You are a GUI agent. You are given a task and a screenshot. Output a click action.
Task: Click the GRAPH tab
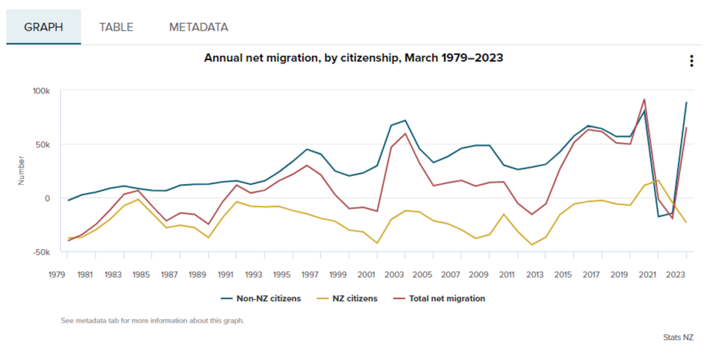coord(44,27)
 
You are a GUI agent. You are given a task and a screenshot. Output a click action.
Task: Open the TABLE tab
coord(116,27)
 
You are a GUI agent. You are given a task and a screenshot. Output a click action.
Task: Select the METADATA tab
coord(199,27)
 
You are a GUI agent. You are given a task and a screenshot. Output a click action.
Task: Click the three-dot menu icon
coord(691,61)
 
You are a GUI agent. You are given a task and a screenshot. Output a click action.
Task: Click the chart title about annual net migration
coord(354,57)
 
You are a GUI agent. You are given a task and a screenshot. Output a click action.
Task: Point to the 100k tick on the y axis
coord(41,91)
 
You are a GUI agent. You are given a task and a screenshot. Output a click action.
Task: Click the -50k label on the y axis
coord(41,252)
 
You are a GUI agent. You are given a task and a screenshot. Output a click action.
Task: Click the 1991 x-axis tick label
coord(226,274)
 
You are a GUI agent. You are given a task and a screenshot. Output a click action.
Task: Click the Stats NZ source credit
coord(678,338)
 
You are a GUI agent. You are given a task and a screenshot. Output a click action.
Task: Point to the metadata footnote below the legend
coord(152,321)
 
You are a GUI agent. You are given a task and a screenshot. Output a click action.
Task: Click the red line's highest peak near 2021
coord(645,100)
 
